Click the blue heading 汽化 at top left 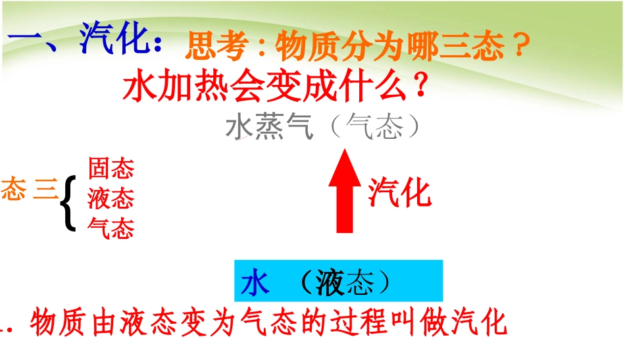point(117,40)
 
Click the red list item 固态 point(111,169)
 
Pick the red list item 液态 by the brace point(111,198)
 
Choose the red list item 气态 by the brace point(111,228)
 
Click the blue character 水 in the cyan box point(256,283)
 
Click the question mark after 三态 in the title point(520,47)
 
